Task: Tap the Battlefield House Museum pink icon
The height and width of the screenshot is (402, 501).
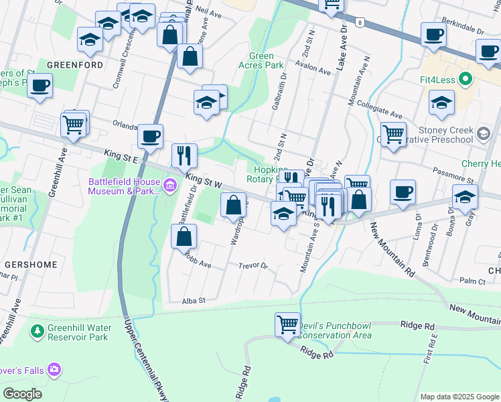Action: tap(170, 185)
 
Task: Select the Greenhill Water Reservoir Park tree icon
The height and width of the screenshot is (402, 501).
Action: tap(38, 331)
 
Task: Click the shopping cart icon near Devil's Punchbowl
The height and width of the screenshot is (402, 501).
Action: tap(287, 324)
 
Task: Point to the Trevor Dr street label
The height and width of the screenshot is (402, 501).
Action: tap(253, 266)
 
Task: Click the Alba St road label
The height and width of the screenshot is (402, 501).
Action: tap(192, 301)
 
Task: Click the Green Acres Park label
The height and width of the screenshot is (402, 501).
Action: tap(261, 61)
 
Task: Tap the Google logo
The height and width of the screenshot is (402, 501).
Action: tap(22, 394)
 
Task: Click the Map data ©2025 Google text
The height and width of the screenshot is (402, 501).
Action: tap(459, 397)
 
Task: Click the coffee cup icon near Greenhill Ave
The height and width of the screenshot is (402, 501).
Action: tap(40, 85)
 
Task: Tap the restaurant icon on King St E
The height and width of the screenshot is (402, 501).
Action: tap(184, 156)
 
